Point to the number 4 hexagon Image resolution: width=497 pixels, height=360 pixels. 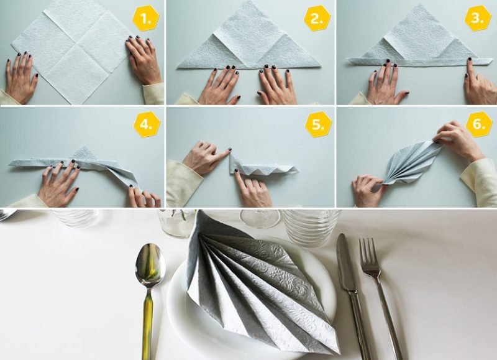point(147,124)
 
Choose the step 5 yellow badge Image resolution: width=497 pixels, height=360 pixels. point(318,124)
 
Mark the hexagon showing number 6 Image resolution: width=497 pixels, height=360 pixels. point(478,124)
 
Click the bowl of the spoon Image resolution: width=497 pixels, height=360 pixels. point(150,266)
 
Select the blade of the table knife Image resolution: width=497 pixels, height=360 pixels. point(345,261)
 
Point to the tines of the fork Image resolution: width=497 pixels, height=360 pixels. point(370,252)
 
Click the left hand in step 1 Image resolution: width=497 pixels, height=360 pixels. point(22,78)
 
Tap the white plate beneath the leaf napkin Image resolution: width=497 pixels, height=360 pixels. point(180,311)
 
